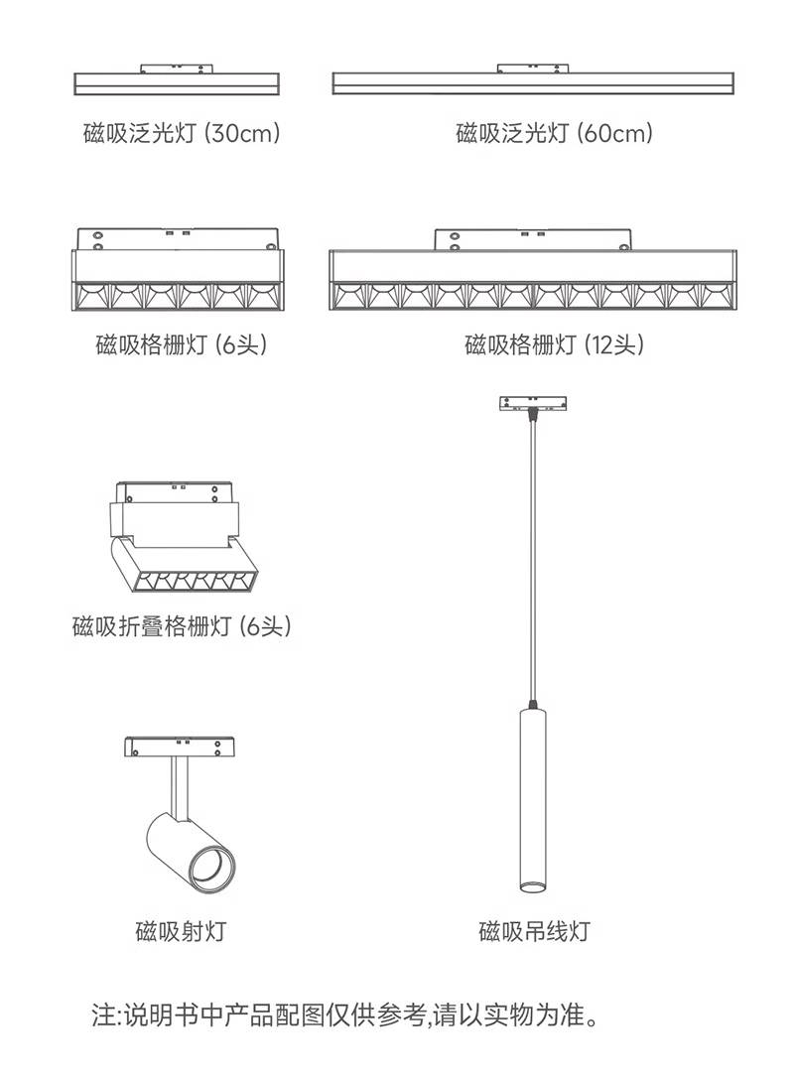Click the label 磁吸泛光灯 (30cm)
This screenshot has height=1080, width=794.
[x=182, y=132]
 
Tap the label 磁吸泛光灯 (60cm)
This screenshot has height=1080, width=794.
[x=555, y=132]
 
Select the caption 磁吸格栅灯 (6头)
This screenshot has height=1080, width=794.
[x=181, y=343]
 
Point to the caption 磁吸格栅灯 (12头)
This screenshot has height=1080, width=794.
[x=555, y=343]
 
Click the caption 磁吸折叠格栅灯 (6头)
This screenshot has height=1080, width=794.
[x=182, y=625]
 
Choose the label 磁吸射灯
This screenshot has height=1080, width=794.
[x=181, y=931]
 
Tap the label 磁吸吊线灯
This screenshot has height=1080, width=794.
[x=534, y=931]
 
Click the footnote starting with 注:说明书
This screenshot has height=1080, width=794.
[x=344, y=1014]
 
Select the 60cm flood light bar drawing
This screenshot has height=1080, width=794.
[x=533, y=82]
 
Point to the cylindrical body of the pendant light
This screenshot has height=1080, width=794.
[x=532, y=799]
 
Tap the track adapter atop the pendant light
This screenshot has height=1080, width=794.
[x=532, y=403]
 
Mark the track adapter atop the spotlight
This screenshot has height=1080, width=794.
[x=179, y=746]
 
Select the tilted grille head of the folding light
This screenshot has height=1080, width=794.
[x=184, y=569]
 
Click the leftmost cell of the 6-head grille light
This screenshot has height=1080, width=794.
[x=93, y=296]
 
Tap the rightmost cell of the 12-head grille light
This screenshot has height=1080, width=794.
[x=717, y=296]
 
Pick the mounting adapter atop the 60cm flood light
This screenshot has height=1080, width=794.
[x=532, y=68]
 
